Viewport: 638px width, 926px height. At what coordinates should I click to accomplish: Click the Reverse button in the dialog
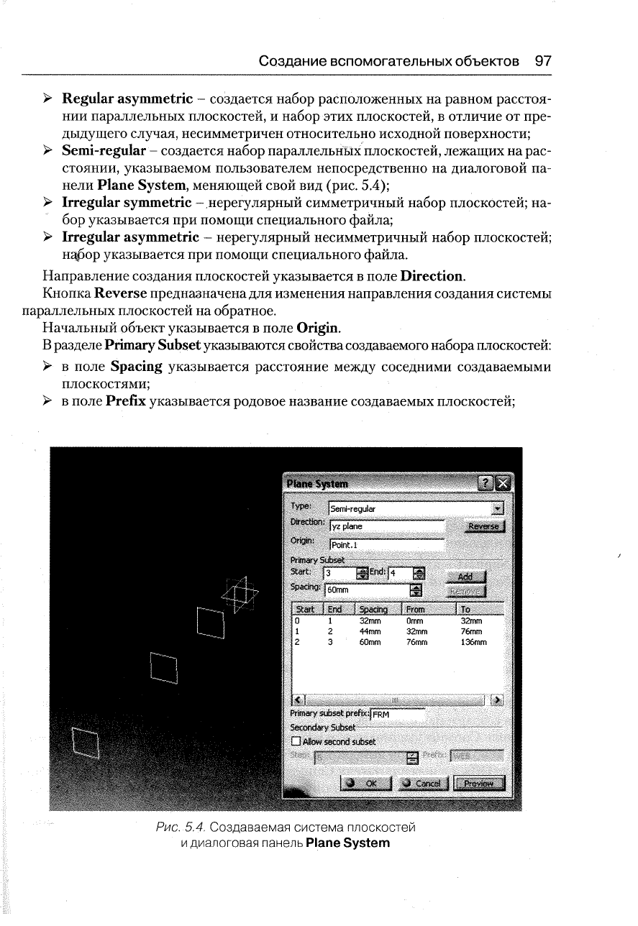coord(483,526)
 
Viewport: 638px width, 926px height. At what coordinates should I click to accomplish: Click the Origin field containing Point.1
coord(386,544)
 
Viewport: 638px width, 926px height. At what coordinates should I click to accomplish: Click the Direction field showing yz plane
coord(386,526)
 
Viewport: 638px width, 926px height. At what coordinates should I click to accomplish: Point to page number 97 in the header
coord(544,61)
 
